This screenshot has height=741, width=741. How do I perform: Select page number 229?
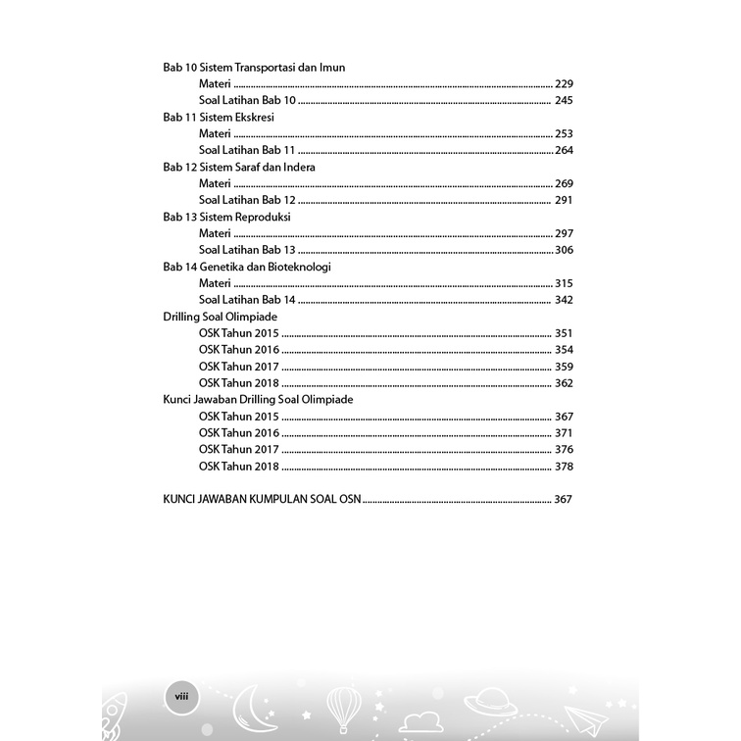pos(563,83)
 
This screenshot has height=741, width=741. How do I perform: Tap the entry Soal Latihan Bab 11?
pos(247,150)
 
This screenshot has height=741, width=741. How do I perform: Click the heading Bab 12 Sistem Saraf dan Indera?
pos(239,167)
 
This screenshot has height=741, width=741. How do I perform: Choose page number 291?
pos(563,200)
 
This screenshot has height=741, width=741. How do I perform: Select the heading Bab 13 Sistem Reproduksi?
pos(227,217)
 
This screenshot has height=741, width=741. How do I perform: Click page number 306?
pos(563,250)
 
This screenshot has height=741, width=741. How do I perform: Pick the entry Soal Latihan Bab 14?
pos(247,300)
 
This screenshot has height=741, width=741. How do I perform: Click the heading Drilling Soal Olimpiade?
pos(221,317)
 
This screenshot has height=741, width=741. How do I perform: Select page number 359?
pos(563,367)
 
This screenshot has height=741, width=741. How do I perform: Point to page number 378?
pos(563,467)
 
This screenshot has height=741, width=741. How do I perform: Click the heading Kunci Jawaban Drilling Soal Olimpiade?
pos(258,400)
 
